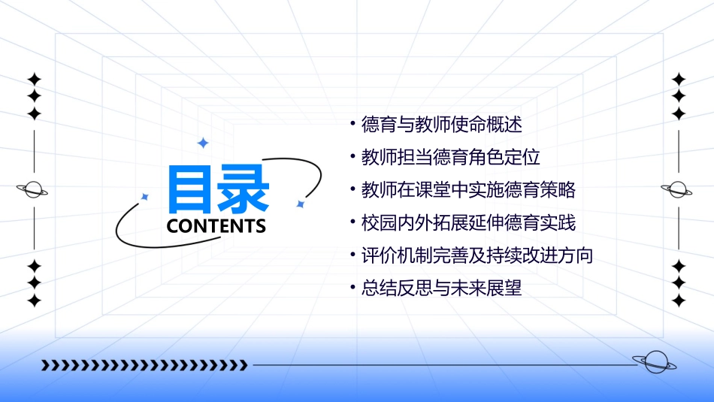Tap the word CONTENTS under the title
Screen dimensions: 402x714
[x=216, y=226]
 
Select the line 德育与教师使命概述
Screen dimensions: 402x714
[x=441, y=125]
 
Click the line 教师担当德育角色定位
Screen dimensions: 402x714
[x=450, y=158]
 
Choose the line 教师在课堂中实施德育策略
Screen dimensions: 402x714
[x=468, y=190]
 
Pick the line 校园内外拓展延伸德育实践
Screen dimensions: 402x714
[x=468, y=223]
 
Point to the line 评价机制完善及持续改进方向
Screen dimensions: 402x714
[x=477, y=255]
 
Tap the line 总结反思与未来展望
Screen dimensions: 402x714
[x=441, y=288]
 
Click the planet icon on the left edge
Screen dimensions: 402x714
[x=33, y=189]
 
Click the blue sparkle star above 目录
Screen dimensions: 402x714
[x=202, y=143]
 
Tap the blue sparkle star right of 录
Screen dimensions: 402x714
[x=300, y=204]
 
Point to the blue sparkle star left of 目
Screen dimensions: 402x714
[x=145, y=197]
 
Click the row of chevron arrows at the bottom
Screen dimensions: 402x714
[x=144, y=366]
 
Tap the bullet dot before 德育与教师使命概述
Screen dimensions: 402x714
[x=352, y=123]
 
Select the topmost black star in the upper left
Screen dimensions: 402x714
[x=34, y=79]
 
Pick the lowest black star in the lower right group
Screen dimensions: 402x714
[x=679, y=301]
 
